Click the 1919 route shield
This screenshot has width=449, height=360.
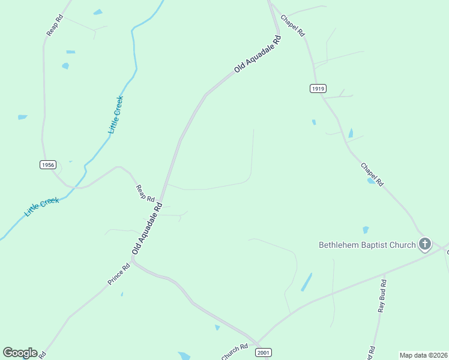click(x=318, y=89)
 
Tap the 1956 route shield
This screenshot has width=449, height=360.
click(x=48, y=164)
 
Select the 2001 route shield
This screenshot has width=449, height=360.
click(x=263, y=352)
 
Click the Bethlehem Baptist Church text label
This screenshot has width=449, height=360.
click(x=367, y=245)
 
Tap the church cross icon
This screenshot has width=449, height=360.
click(x=425, y=244)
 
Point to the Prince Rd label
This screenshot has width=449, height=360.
click(x=119, y=275)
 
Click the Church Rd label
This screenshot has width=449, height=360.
click(x=235, y=352)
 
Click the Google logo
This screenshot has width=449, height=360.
click(x=20, y=353)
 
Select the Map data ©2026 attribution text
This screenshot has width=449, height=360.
click(x=423, y=355)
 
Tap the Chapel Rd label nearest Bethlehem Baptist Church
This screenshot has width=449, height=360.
click(x=372, y=174)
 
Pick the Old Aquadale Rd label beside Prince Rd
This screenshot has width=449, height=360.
click(x=148, y=228)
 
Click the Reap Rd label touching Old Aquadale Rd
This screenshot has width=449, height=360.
click(x=146, y=193)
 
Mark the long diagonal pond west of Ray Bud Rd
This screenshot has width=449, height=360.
click(x=307, y=282)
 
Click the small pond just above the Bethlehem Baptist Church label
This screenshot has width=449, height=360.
click(x=366, y=230)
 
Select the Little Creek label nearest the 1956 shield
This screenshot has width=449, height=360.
click(x=42, y=207)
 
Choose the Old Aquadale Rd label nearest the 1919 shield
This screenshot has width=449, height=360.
click(x=258, y=55)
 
